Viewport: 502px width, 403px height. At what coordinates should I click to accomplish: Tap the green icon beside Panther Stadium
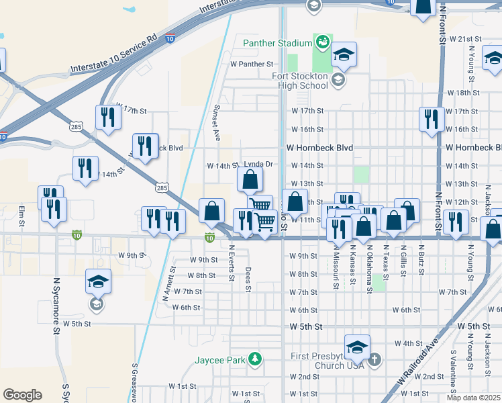[x=322, y=42]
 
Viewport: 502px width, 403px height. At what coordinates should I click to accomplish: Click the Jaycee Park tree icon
[x=254, y=359]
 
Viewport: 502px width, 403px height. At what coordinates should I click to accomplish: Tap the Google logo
[x=22, y=394]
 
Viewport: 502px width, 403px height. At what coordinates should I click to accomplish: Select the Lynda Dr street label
[x=258, y=164]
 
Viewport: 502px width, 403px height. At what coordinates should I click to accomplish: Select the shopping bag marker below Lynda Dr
[x=250, y=180]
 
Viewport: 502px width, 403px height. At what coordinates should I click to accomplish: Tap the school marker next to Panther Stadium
[x=344, y=54]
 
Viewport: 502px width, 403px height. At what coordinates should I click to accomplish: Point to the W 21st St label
[x=466, y=40]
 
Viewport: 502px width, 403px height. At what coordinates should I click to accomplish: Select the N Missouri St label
[x=335, y=267]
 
